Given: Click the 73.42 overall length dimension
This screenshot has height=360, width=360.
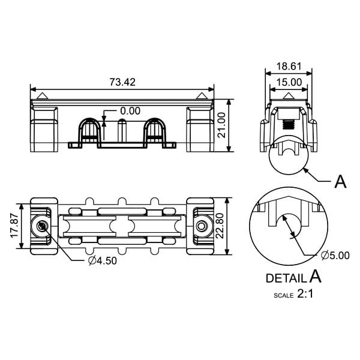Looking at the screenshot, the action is pyautogui.click(x=122, y=82).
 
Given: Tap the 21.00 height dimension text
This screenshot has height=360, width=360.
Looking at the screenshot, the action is pyautogui.click(x=221, y=125).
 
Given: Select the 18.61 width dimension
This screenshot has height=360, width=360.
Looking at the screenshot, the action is pyautogui.click(x=289, y=67).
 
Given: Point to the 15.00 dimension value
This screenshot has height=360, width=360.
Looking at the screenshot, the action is pyautogui.click(x=289, y=82).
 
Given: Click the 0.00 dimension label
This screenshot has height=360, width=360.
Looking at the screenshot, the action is pyautogui.click(x=130, y=111).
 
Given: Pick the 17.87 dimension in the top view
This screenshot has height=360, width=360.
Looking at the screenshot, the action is pyautogui.click(x=14, y=226).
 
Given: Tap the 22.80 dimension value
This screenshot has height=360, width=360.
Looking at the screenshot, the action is pyautogui.click(x=220, y=226).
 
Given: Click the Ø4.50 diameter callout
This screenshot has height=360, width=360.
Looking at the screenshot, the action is pyautogui.click(x=103, y=260).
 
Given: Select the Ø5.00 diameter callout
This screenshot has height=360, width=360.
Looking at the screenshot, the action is pyautogui.click(x=335, y=256).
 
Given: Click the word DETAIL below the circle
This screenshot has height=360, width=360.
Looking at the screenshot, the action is pyautogui.click(x=286, y=278).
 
